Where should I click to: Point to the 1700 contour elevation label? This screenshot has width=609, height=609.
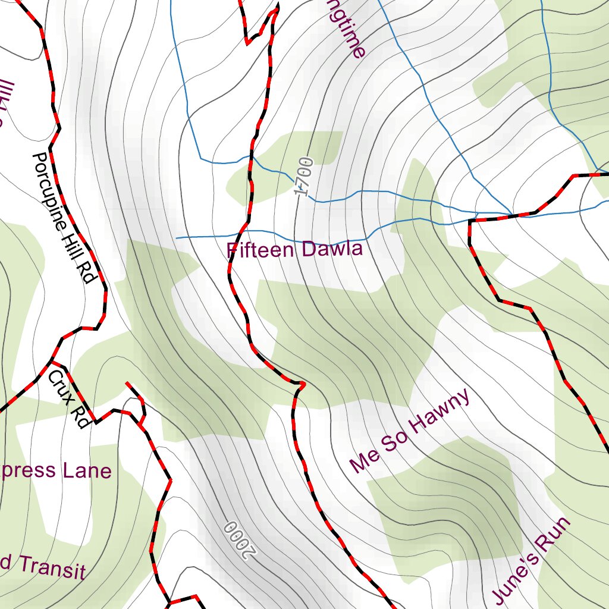click(x=304, y=176)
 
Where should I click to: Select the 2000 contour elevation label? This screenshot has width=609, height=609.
click(x=239, y=539)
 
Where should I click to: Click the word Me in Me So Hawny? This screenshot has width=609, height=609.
click(x=361, y=463)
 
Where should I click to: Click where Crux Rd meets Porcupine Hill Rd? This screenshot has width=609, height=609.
click(x=52, y=360)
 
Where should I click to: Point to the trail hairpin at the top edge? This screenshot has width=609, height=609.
click(x=275, y=10)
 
